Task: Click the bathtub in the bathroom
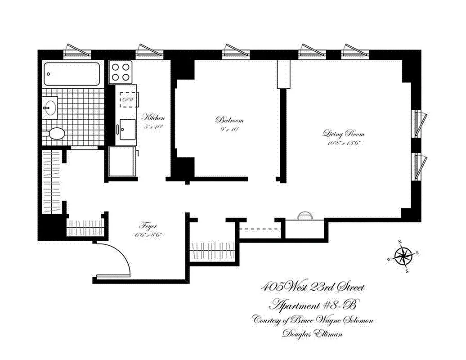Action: pos(72,74)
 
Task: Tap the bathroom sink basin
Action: pos(50,108)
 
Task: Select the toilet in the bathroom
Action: pos(55,134)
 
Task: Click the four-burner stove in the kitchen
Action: pos(121,72)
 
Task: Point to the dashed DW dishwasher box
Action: pos(127,99)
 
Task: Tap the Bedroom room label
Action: pos(229,120)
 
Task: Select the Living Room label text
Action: pos(343,134)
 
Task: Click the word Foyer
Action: pos(148,226)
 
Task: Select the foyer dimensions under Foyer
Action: pos(148,234)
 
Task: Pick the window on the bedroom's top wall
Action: pos(235,51)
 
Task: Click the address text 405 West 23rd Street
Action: pos(313,288)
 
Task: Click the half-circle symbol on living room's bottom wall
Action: pos(304,216)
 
